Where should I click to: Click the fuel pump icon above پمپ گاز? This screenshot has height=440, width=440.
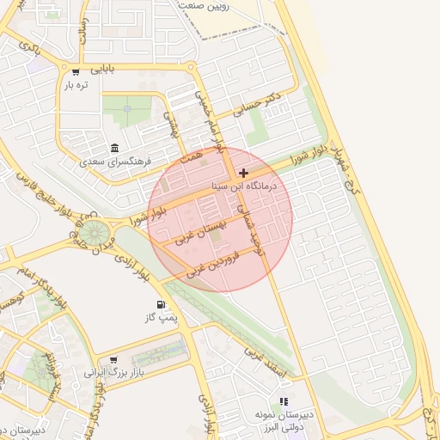(x=161, y=305)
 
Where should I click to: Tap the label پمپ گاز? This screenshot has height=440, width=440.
(x=162, y=318)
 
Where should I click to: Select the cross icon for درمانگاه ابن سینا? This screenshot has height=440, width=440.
(x=244, y=173)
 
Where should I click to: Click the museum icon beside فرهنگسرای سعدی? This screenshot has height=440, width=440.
(x=116, y=147)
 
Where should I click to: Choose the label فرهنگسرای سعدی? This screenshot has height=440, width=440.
(x=115, y=161)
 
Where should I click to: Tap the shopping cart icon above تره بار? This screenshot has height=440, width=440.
(x=76, y=72)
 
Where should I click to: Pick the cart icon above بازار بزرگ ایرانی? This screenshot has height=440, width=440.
(x=113, y=360)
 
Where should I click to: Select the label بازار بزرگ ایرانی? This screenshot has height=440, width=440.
(x=111, y=374)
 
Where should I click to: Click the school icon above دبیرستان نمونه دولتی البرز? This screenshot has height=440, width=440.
(x=284, y=401)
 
